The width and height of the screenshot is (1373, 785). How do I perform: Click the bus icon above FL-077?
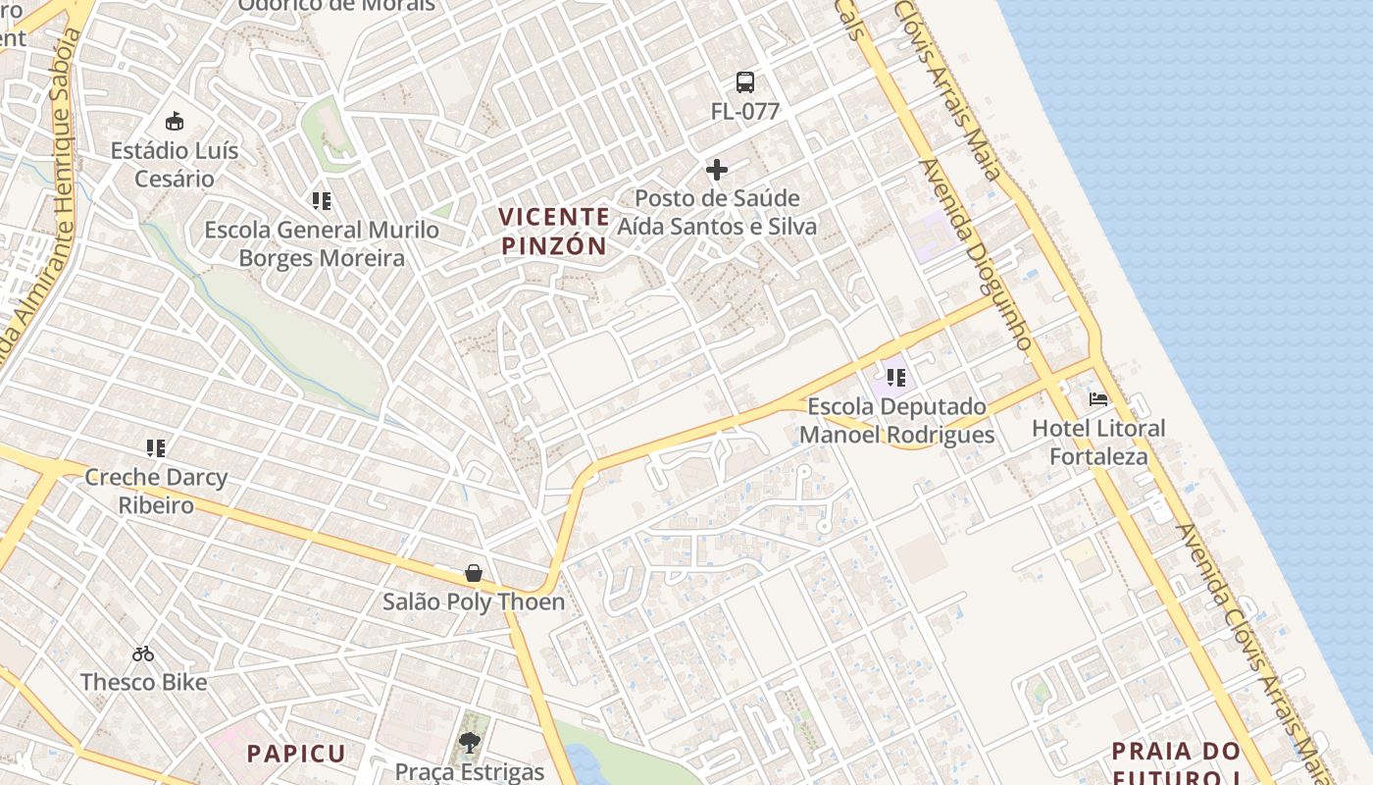[745, 82]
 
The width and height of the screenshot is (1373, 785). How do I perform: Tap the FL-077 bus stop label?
[745, 112]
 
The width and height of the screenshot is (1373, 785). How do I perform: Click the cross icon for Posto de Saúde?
[717, 170]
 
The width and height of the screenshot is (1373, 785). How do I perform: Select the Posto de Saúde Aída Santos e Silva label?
[717, 212]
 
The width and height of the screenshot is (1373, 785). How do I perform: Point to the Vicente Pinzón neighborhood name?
[554, 232]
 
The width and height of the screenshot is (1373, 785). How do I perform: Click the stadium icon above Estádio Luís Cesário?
[175, 122]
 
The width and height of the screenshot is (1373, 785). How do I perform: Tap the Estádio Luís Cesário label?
[175, 165]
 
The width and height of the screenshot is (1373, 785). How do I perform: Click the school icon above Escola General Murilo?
[322, 201]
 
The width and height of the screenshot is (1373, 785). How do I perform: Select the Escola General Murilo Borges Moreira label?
[322, 244]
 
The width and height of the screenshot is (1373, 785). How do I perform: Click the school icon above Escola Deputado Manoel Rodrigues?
[896, 377]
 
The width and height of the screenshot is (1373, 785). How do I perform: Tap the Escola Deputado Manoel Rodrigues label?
[897, 421]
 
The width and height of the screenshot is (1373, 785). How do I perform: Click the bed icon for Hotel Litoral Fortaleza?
[1098, 399]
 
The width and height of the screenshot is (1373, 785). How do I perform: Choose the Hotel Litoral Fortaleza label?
[1098, 443]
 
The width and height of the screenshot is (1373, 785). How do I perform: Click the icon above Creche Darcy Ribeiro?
[156, 448]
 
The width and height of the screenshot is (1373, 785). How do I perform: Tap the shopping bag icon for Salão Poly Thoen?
[474, 573]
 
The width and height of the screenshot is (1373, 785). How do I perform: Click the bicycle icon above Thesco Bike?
[143, 654]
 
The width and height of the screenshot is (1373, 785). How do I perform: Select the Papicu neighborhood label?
[296, 754]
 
